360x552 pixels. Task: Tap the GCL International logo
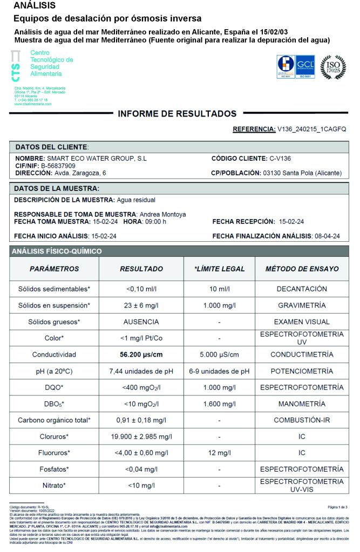coord(305,67)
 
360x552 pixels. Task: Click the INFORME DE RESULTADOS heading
coord(177,114)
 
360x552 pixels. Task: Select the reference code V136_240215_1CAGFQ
coord(311,130)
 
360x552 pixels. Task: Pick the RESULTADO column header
coord(141,269)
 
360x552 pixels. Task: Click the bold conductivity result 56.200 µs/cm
coord(141,355)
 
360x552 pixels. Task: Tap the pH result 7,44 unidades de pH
coord(141,371)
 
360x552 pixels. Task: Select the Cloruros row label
coord(54,437)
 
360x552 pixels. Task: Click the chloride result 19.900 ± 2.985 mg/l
coord(141,437)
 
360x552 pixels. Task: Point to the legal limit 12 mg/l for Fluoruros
coord(220,453)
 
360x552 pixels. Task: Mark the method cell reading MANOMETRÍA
coord(302,404)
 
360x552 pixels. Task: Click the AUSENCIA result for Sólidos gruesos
coord(141,322)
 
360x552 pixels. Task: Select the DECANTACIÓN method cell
coord(302,289)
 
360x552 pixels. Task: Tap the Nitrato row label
coord(54,486)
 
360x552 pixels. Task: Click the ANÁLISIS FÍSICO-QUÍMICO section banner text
coord(57,251)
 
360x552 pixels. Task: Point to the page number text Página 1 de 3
coord(338,507)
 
